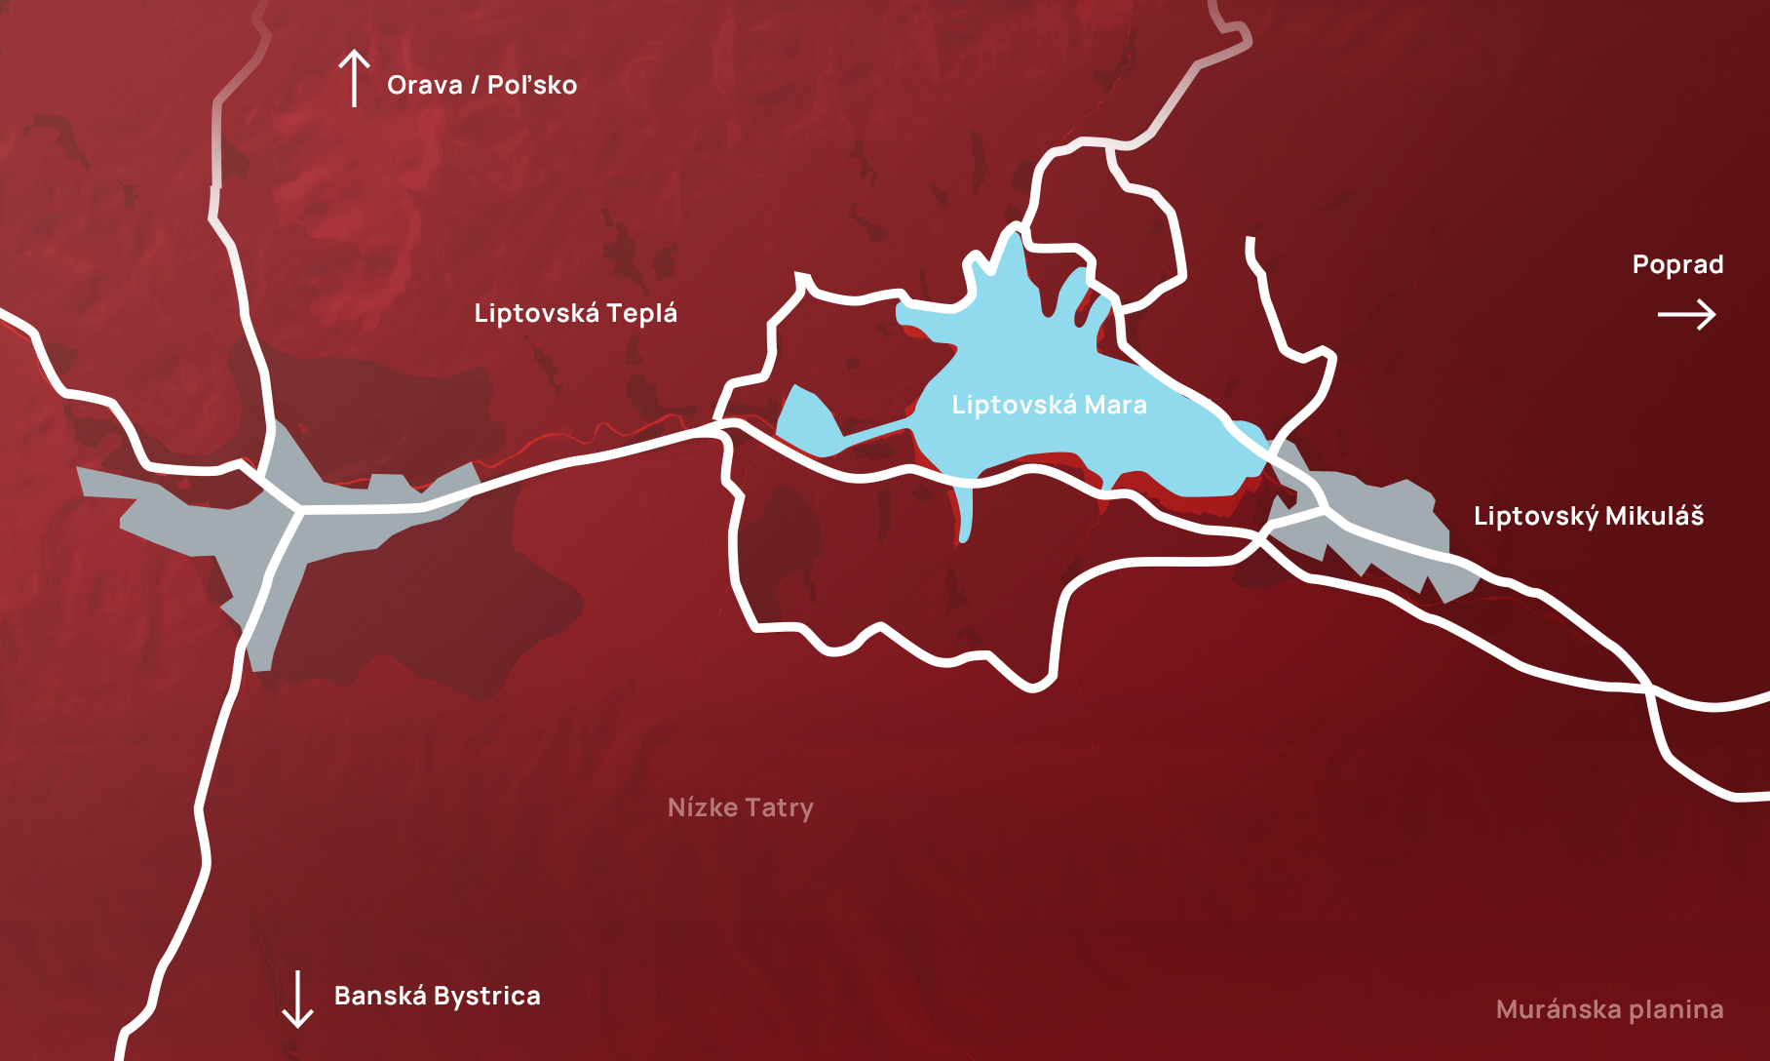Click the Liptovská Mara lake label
(x=1049, y=405)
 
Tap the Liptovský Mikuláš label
(x=1588, y=516)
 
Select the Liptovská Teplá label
(x=575, y=313)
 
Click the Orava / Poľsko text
(x=481, y=85)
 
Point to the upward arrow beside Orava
(x=354, y=78)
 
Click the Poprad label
(x=1677, y=264)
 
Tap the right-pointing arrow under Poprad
(x=1686, y=314)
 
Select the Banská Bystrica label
(x=437, y=996)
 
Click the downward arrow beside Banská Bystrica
(x=297, y=999)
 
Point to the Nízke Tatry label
(x=740, y=807)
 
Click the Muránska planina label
(x=1609, y=1009)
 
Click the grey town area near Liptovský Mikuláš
(x=1384, y=527)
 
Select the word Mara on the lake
(x=1116, y=405)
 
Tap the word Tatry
(x=779, y=807)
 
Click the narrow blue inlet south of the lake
(x=965, y=512)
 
